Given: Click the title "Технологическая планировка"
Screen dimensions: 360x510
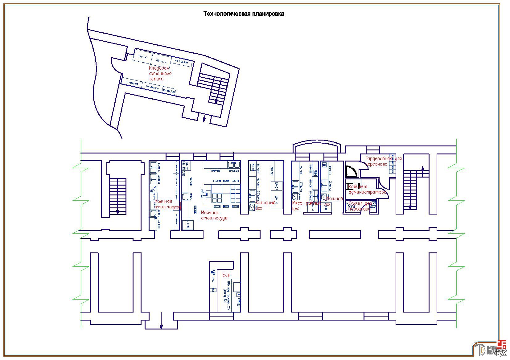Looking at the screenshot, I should click(x=244, y=14).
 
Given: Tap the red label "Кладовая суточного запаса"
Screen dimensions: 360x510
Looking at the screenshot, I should click(x=160, y=73).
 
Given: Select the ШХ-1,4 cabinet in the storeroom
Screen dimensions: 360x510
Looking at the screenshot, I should click(x=143, y=57).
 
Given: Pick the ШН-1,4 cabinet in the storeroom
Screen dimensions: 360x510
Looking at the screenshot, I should click(x=161, y=60).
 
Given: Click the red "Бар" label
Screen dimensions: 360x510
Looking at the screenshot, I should click(x=226, y=275).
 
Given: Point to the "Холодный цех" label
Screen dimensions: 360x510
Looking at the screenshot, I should click(x=265, y=205).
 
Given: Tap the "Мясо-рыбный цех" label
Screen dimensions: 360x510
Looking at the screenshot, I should click(x=306, y=206).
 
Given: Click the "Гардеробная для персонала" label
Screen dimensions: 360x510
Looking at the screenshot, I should click(x=383, y=161).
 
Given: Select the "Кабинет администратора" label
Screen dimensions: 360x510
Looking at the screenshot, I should click(x=367, y=189).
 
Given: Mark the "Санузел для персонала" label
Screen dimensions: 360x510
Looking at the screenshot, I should click(x=360, y=206).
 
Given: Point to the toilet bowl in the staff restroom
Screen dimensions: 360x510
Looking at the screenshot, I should click(x=352, y=207).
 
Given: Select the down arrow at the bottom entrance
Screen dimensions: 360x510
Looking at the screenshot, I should click(x=161, y=326).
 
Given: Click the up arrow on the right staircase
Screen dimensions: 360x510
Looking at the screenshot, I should click(x=422, y=168).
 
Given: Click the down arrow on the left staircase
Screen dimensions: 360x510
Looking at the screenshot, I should click(x=117, y=212).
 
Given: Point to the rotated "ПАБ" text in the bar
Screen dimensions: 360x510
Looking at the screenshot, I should click(x=228, y=284).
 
